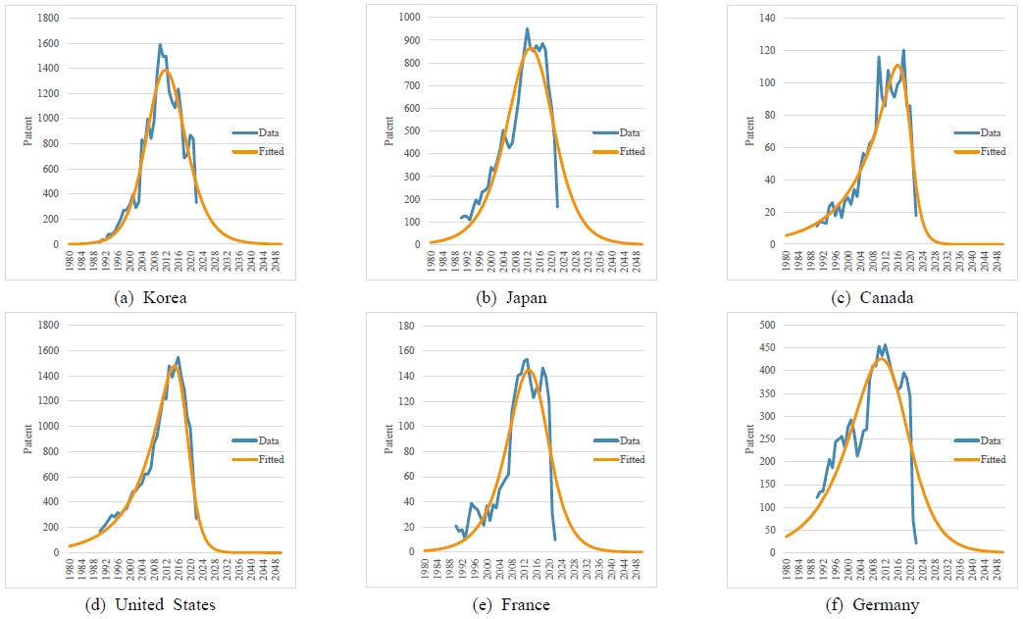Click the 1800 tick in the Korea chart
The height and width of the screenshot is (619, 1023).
tap(47, 19)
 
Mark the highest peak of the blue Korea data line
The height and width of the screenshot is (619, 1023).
tap(160, 44)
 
